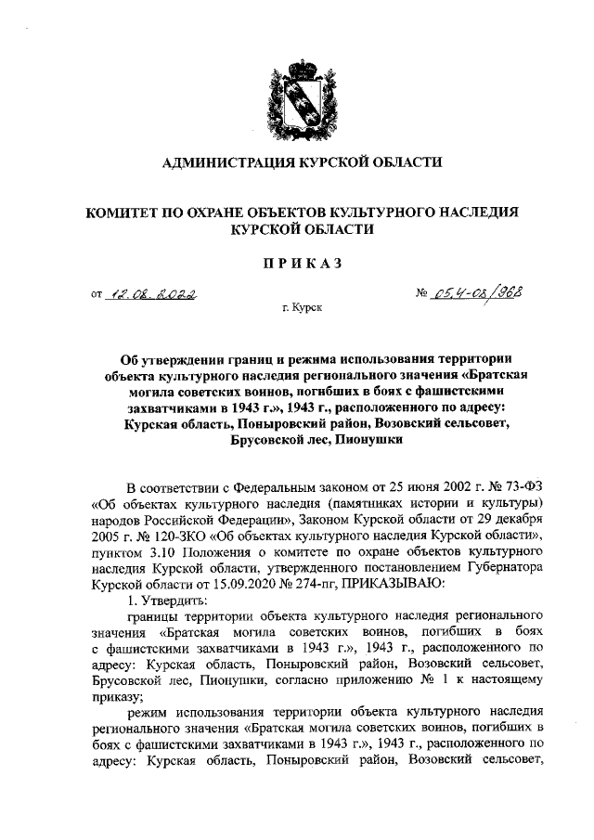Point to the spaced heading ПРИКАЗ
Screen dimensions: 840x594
tap(296, 263)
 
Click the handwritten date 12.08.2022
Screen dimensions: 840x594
tap(155, 295)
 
